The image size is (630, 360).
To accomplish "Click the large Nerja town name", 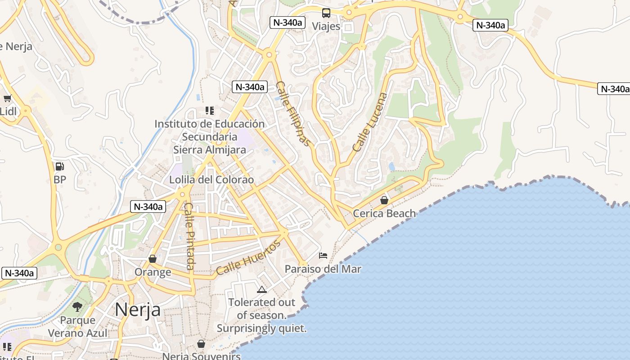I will [x=137, y=310].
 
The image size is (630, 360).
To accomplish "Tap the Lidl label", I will [x=8, y=111].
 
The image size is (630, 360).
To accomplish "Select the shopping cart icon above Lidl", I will [x=7, y=98].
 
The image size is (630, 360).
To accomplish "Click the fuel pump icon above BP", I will [x=59, y=166].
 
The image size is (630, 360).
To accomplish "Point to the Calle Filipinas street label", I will [x=293, y=113].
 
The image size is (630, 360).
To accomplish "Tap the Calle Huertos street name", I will [x=248, y=257].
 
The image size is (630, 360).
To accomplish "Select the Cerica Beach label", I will [x=384, y=213].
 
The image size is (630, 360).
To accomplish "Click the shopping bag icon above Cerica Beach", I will [x=384, y=200].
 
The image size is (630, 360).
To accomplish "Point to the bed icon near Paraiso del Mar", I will [x=323, y=256].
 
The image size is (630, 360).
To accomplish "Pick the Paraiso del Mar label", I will [x=323, y=269].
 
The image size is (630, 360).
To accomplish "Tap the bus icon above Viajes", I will [x=326, y=13].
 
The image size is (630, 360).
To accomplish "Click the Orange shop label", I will [x=153, y=272].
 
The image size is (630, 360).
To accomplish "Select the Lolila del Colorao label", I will [x=211, y=180].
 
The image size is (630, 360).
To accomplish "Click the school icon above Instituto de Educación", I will [x=209, y=110].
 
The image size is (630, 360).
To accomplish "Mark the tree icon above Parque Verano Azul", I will [x=77, y=307].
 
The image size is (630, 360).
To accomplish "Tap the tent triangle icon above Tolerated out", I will [x=261, y=289].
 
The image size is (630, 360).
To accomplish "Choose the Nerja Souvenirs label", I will [x=201, y=356].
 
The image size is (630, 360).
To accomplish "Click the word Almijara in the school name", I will [x=226, y=149].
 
